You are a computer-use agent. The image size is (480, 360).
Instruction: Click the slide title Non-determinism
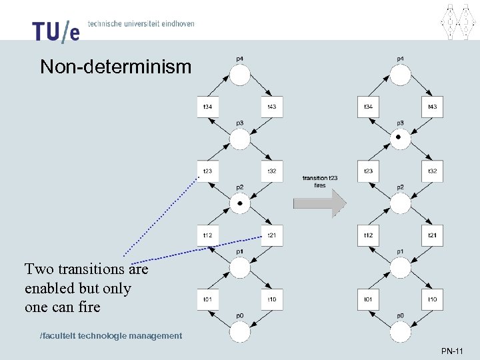pyautogui.click(x=115, y=67)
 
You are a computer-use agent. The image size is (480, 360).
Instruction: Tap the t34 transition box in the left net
pyautogui.click(x=208, y=107)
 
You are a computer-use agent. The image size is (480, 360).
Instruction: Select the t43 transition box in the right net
pyautogui.click(x=432, y=107)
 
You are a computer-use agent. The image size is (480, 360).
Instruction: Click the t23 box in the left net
pyautogui.click(x=208, y=171)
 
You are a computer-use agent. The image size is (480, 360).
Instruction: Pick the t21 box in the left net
pyautogui.click(x=272, y=235)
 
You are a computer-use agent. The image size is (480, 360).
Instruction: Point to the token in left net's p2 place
pyautogui.click(x=240, y=202)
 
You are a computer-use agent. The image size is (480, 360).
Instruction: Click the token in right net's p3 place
pyautogui.click(x=399, y=137)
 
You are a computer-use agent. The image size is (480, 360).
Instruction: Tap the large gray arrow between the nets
pyautogui.click(x=319, y=204)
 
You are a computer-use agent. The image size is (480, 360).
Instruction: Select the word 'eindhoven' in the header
pyautogui.click(x=175, y=24)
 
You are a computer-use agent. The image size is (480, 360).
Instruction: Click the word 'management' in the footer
pyautogui.click(x=156, y=335)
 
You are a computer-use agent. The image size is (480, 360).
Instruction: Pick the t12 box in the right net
pyautogui.click(x=368, y=235)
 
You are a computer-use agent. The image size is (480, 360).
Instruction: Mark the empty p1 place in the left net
pyautogui.click(x=240, y=267)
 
